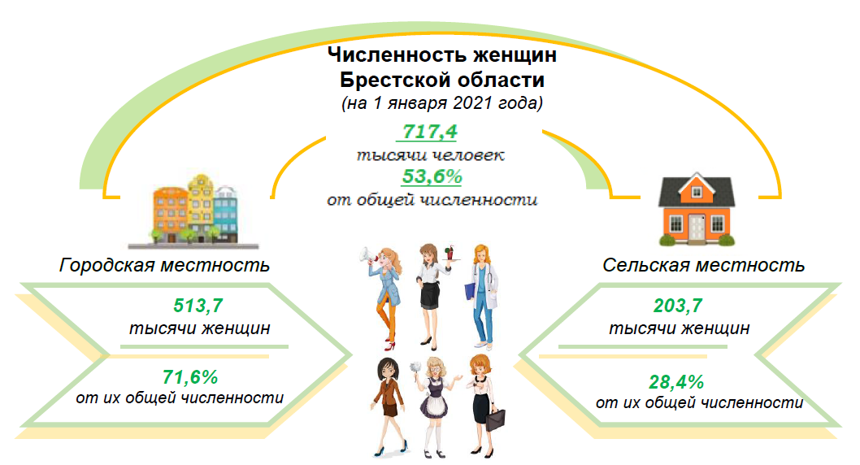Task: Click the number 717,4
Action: tap(429, 132)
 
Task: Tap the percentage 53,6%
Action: tap(432, 176)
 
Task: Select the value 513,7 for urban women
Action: tap(198, 306)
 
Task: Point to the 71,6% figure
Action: tap(190, 377)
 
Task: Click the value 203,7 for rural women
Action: tap(678, 306)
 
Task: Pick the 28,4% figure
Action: tap(676, 381)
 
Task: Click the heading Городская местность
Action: tap(164, 265)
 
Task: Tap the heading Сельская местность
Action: tap(704, 265)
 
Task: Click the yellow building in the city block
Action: tap(201, 207)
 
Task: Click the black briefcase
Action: tap(495, 421)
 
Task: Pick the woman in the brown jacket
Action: tap(389, 406)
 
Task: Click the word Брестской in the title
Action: tap(393, 80)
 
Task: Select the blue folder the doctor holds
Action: tap(470, 291)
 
